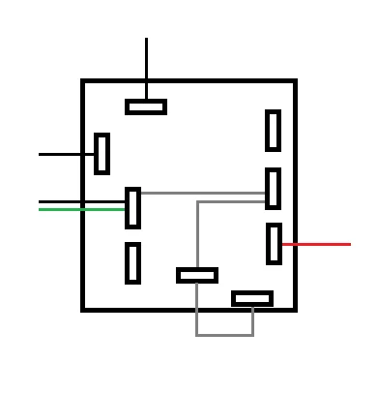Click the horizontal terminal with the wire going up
coord(146,106)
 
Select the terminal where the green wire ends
coord(133,208)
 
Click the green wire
coord(81,209)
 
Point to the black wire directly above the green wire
coord(81,201)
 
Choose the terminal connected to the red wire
coord(274,244)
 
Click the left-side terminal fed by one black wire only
coord(101,154)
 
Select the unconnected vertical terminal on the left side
coord(132,262)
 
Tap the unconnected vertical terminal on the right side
coord(274,131)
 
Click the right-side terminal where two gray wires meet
coord(274,189)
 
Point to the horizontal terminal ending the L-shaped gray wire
coord(197,276)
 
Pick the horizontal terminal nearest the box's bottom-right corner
coord(252,298)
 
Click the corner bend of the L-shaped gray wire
coord(198,203)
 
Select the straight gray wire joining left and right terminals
coord(203,193)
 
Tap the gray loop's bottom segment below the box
coord(224,335)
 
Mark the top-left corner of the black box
coord(84,82)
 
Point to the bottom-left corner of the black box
coord(84,309)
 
